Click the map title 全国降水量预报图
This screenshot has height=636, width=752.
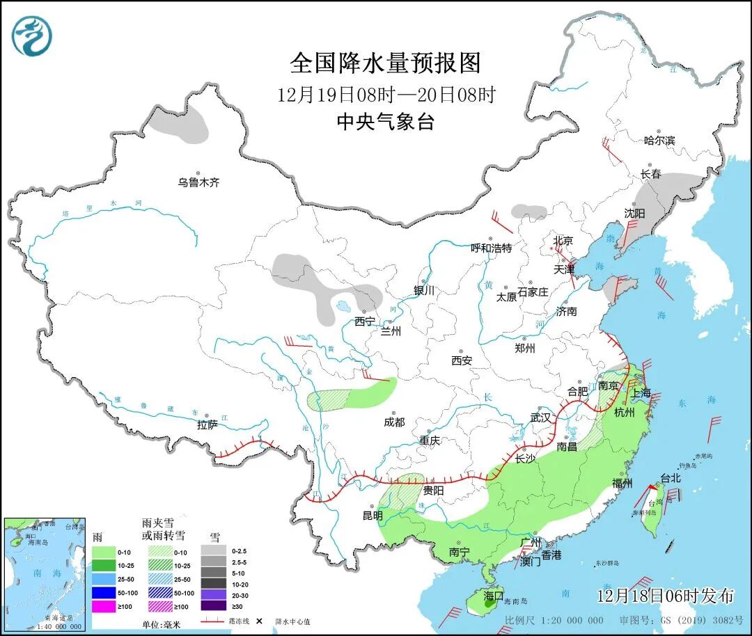point(385,63)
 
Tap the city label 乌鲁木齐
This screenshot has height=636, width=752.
point(198,182)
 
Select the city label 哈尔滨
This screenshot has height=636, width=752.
point(659,141)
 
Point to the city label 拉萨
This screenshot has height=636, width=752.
point(207,424)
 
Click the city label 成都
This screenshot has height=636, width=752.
point(393,422)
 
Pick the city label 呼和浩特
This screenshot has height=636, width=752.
point(491,248)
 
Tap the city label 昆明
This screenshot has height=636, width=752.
point(373,516)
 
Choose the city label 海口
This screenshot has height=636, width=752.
point(493,596)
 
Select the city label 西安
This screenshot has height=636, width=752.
point(461,360)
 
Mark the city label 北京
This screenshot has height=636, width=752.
point(563,241)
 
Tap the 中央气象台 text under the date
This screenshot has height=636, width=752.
point(385,122)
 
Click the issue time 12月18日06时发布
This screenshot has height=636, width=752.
point(665,596)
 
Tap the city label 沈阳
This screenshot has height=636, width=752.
point(634,213)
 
